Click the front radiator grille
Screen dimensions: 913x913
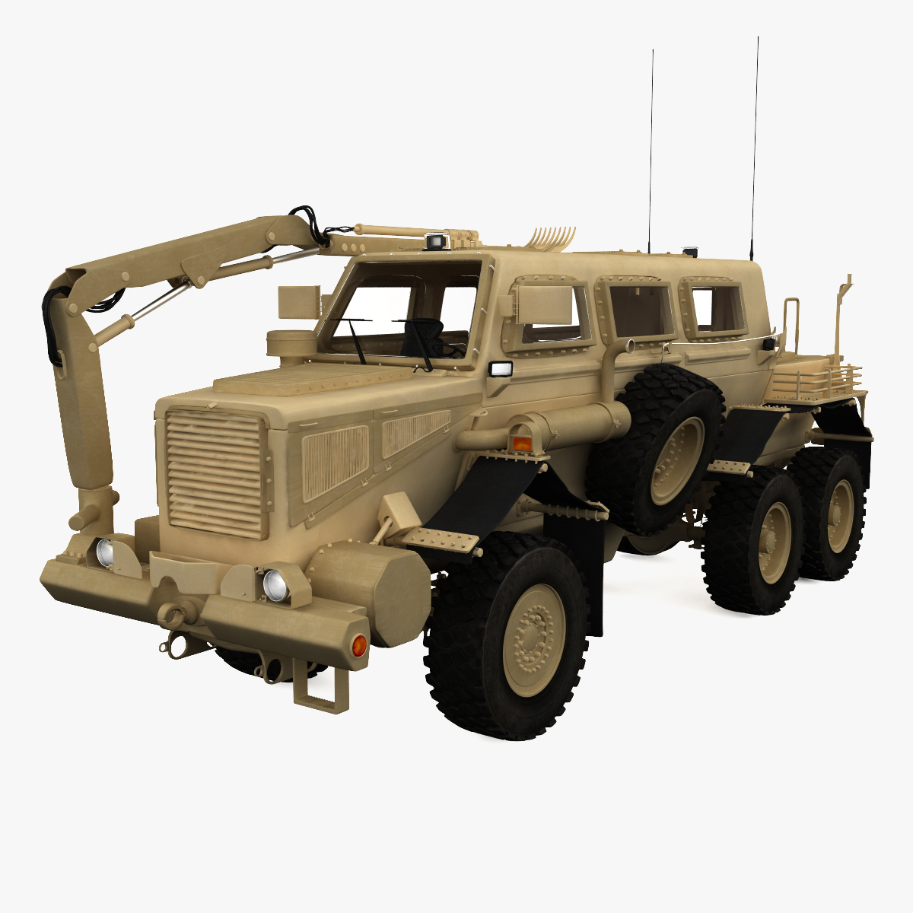[x=215, y=472]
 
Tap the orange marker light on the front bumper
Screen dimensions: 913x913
[x=359, y=647]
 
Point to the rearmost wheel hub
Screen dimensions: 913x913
[x=839, y=515]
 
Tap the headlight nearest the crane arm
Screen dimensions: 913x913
[x=104, y=552]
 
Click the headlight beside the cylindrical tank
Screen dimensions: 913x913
[x=273, y=585]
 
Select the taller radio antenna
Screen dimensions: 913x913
[x=755, y=145]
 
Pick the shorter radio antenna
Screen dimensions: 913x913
[x=651, y=152]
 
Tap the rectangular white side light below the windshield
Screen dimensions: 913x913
[x=500, y=369]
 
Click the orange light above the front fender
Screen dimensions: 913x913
[x=521, y=441]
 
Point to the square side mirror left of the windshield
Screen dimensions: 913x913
[x=299, y=302]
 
